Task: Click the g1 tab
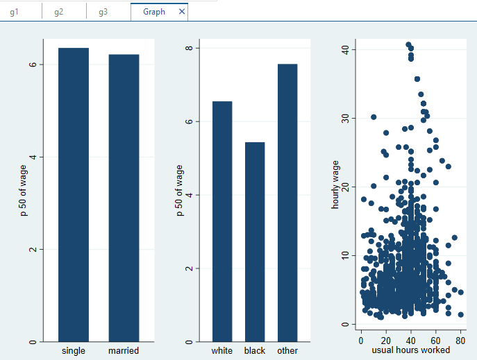pos(15,12)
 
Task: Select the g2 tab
pos(59,12)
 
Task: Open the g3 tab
pos(103,12)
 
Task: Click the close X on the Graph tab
pos(182,12)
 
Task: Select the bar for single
pos(74,194)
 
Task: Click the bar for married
pos(124,198)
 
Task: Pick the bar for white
pos(222,221)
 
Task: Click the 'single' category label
pos(74,350)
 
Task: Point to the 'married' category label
pos(124,350)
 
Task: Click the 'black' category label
pos(255,350)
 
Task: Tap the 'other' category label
pos(287,350)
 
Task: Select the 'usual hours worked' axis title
pos(411,350)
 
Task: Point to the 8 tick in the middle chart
pos(187,49)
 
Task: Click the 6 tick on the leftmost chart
pos(33,65)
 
